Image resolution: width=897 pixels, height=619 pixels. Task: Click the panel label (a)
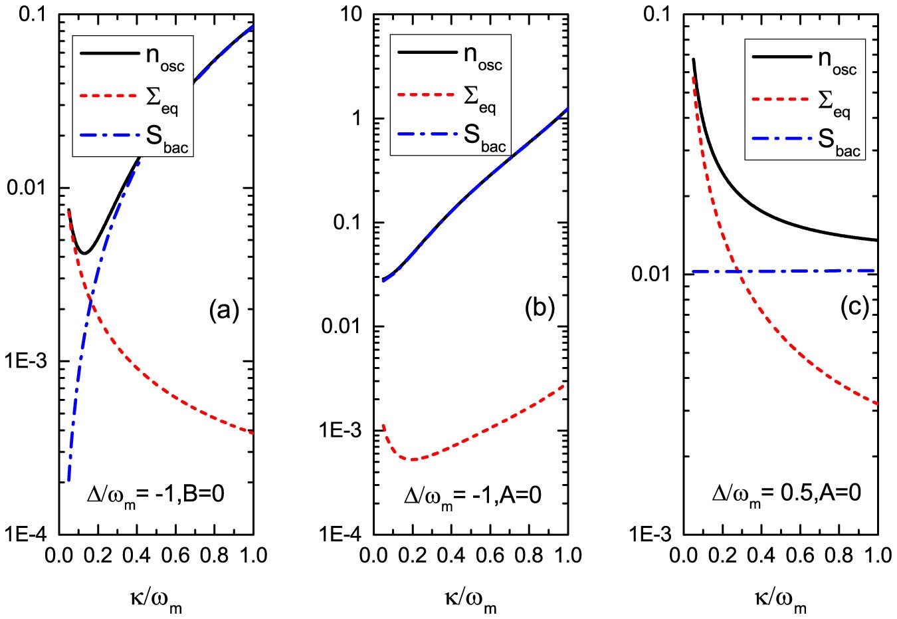tap(223, 310)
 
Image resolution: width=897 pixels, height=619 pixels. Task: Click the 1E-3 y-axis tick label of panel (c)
tap(656, 535)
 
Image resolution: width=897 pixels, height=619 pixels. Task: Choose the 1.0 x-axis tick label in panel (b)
tap(568, 555)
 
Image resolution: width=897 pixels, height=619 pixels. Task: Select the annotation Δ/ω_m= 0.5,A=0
tap(786, 495)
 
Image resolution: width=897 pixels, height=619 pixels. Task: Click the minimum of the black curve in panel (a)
tap(84, 253)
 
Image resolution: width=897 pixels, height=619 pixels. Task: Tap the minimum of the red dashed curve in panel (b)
tap(413, 459)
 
